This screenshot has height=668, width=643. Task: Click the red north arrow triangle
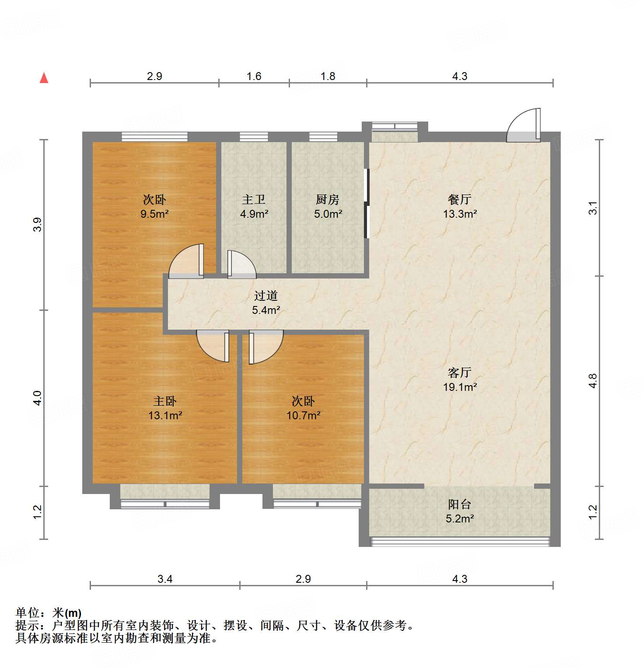pos(44,78)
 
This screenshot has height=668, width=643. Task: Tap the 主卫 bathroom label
pos(254,200)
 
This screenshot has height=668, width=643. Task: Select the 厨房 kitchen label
pos(328,200)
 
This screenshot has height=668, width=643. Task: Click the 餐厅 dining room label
pos(459,200)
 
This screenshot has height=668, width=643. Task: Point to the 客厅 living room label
pos(459,373)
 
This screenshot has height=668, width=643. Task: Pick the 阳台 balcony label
pos(459,504)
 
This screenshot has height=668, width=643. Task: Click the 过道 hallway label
pos(266,296)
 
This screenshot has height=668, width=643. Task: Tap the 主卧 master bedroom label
pos(164,401)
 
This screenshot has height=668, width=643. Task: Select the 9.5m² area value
pos(154,214)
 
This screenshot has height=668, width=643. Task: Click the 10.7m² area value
pos(303,415)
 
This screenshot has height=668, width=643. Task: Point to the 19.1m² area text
pos(460,387)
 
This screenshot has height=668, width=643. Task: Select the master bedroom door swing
pos(213,345)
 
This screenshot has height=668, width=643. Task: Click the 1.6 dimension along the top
pos(254,77)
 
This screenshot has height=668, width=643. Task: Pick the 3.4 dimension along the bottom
pos(165,579)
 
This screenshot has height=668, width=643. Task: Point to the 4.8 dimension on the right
pos(593,381)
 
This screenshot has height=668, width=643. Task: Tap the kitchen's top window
pos(323,137)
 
